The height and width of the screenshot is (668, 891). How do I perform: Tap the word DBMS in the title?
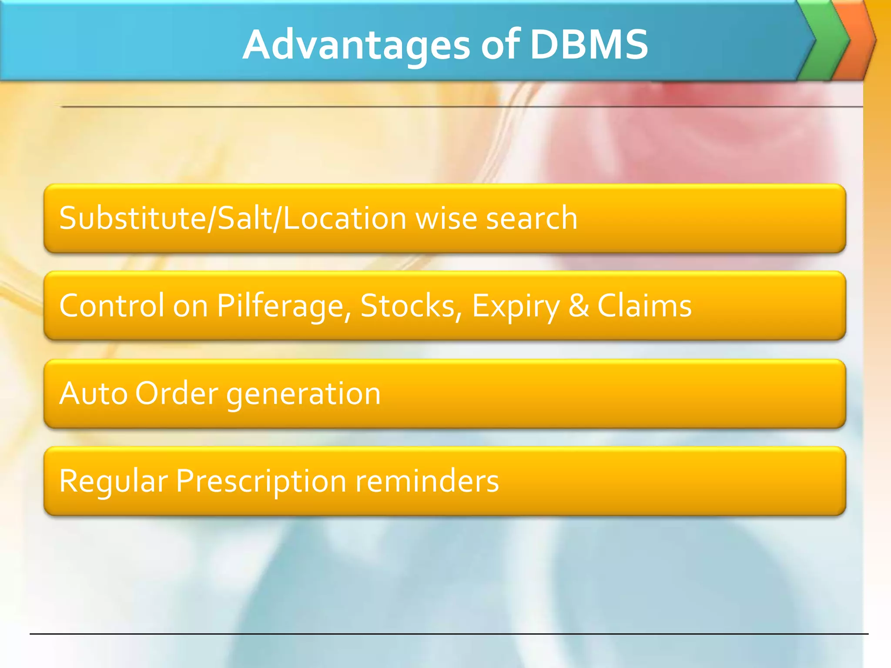tap(589, 44)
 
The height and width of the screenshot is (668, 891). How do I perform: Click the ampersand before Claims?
tap(579, 306)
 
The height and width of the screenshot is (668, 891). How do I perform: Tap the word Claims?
tap(644, 306)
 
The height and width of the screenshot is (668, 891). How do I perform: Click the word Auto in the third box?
tap(93, 394)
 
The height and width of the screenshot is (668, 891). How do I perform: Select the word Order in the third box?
tap(176, 394)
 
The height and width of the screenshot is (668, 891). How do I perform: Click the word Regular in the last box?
tap(114, 481)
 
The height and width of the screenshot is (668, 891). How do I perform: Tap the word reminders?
tap(427, 481)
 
